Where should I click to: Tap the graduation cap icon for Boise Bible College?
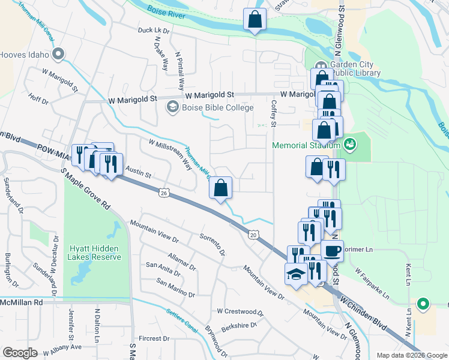[172, 107]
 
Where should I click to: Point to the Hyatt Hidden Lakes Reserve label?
[95, 253]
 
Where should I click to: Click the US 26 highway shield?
[163, 193]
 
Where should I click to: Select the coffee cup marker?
[332, 250]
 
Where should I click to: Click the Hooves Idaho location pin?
[58, 55]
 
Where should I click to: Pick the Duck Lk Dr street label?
[154, 30]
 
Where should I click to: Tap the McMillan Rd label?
[22, 302]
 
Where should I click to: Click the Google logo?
[20, 353]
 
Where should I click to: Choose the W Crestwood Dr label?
[240, 311]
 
